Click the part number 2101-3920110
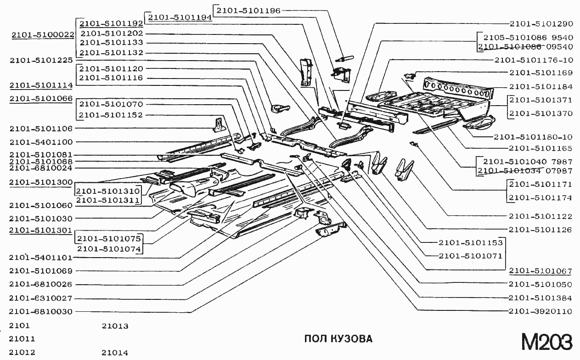pyautogui.click(x=541, y=311)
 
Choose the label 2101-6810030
pyautogui.click(x=41, y=311)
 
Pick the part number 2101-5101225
pyautogui.click(x=41, y=60)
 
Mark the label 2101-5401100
pyautogui.click(x=41, y=142)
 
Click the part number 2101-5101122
pyautogui.click(x=541, y=216)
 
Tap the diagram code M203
pyautogui.click(x=546, y=342)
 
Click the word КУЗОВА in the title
pyautogui.click(x=351, y=339)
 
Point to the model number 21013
pyautogui.click(x=115, y=326)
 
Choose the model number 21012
pyautogui.click(x=22, y=353)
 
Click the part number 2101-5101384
pyautogui.click(x=541, y=298)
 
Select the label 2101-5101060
pyautogui.click(x=41, y=205)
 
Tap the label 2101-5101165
pyautogui.click(x=541, y=148)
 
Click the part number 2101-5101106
pyautogui.click(x=41, y=128)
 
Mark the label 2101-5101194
pyautogui.click(x=180, y=17)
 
